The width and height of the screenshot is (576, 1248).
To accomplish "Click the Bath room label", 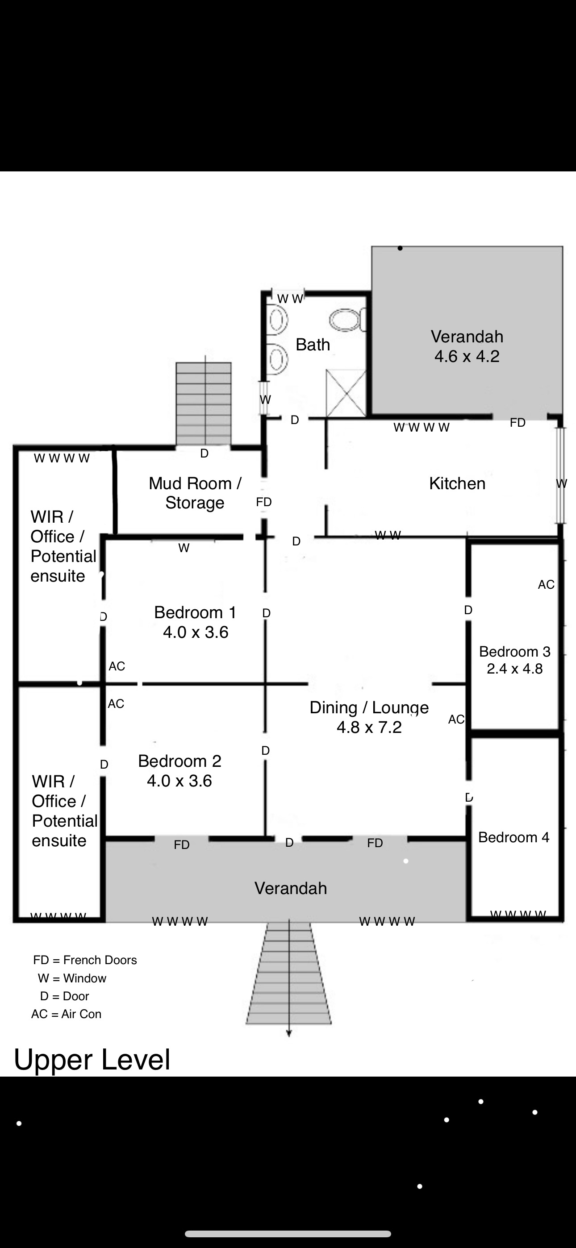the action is point(313,345).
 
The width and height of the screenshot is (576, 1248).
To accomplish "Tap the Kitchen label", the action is point(457,483).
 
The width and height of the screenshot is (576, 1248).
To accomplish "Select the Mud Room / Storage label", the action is point(195,493).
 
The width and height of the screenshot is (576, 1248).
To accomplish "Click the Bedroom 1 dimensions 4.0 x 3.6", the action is point(196,632).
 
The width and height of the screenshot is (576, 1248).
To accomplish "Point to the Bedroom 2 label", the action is point(179,761).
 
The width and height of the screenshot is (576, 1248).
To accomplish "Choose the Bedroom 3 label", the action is point(515,652).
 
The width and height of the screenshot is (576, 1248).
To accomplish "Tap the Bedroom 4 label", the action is point(514,837).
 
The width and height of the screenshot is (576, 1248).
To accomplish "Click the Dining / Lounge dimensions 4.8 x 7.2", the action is point(369,727).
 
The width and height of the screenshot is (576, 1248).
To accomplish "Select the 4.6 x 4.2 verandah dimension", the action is point(467,356).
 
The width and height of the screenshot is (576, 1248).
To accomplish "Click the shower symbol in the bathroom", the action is point(346,393).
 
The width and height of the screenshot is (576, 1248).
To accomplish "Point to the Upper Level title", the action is point(92,1060).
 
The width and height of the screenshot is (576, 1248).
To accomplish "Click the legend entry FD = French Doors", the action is point(85,960).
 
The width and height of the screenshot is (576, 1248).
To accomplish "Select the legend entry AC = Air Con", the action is point(67,1014).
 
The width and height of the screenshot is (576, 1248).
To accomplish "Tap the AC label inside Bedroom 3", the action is point(546,584).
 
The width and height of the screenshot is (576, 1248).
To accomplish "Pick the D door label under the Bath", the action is point(295,420).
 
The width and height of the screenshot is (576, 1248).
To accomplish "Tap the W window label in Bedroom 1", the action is point(184,548).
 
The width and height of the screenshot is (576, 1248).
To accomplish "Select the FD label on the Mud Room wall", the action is point(264,502).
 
